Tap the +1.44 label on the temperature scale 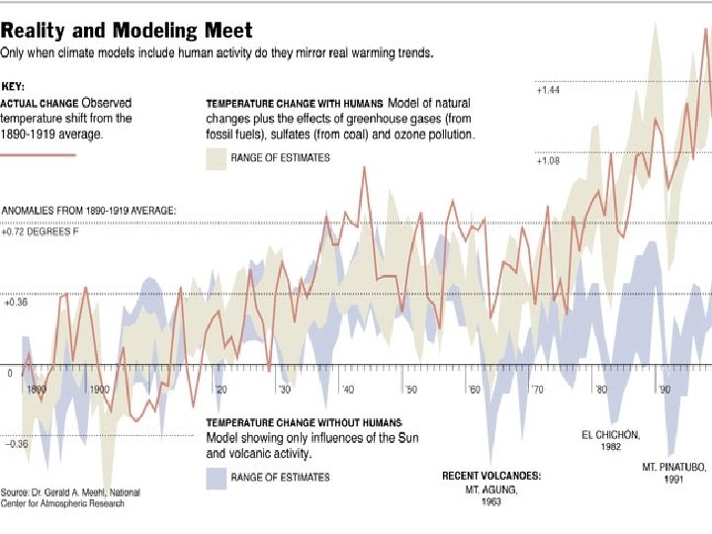click(548, 90)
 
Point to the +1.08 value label click(548, 160)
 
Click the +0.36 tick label click(16, 303)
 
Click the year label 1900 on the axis click(99, 390)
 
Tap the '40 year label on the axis click(348, 390)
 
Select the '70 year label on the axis click(537, 390)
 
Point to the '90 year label click(665, 390)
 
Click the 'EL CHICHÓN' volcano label click(610, 434)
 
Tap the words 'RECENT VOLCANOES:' click(490, 476)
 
